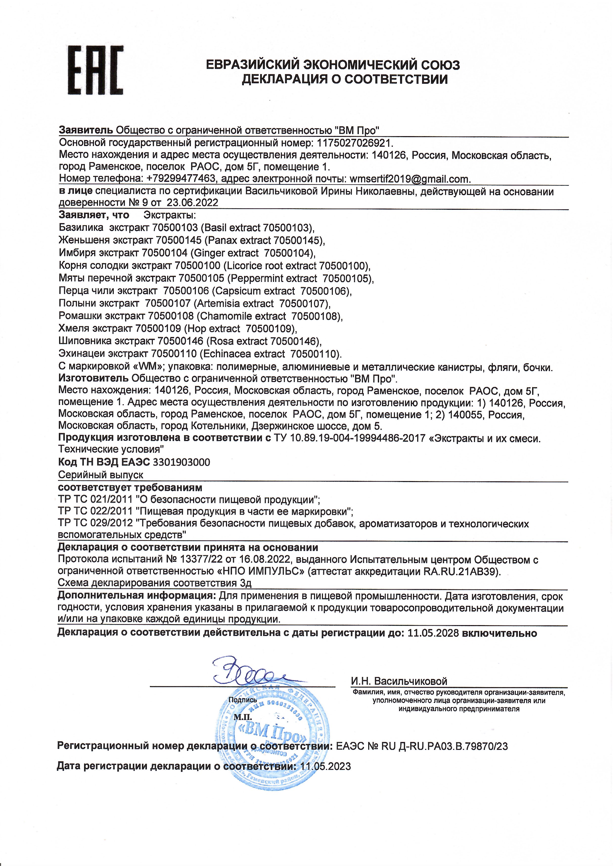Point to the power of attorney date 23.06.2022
[x=193, y=203]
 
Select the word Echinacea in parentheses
[x=227, y=354]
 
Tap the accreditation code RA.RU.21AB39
[x=460, y=572]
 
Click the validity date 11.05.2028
[x=433, y=633]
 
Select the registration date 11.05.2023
[x=325, y=766]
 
